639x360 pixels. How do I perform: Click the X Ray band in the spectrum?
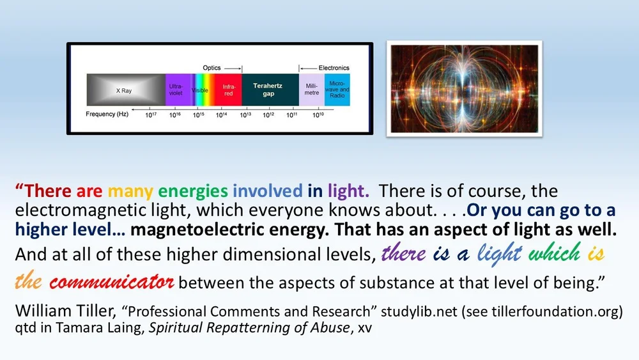(125, 90)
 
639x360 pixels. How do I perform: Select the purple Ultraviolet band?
(175, 90)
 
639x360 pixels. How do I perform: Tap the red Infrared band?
(228, 90)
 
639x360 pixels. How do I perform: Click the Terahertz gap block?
(269, 90)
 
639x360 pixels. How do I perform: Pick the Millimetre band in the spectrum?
(312, 90)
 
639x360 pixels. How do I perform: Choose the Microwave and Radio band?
(337, 90)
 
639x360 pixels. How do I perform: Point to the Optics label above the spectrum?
(212, 67)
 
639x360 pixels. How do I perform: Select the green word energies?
(193, 191)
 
